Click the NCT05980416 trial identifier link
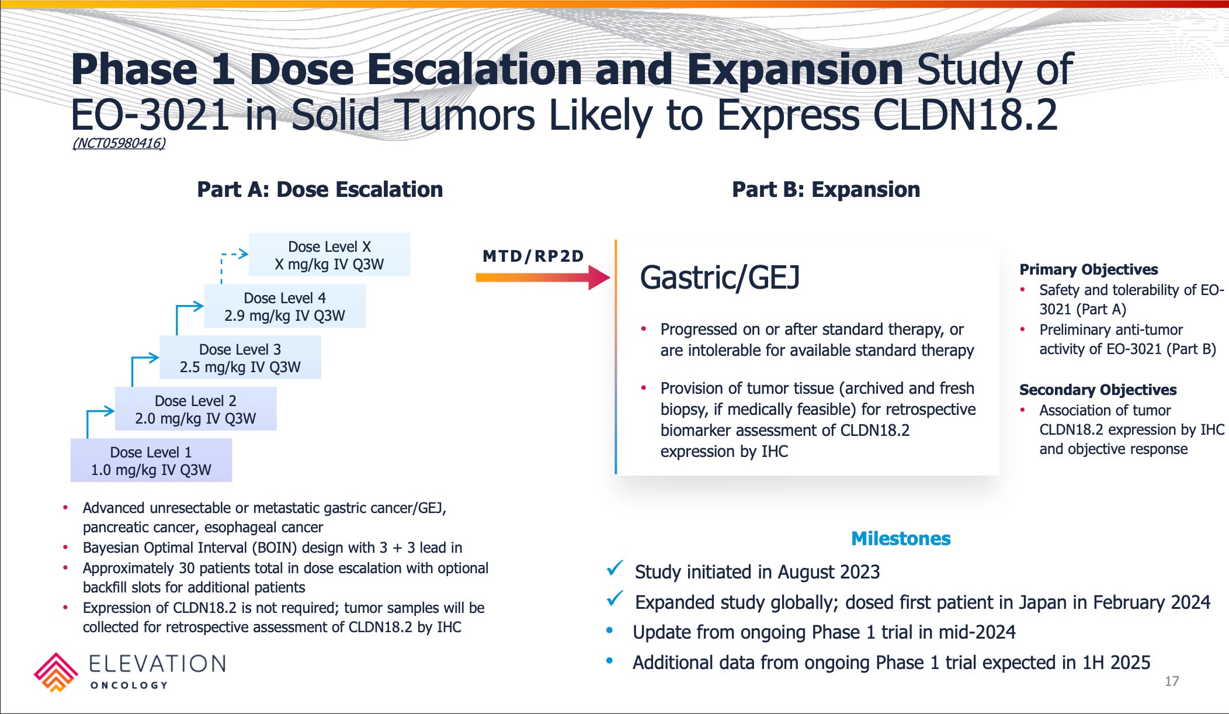tap(119, 143)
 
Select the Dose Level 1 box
tap(151, 460)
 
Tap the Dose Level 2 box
tap(196, 409)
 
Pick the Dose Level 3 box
tap(240, 358)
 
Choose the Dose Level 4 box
tap(285, 306)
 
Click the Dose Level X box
tap(329, 255)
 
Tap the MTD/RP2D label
tap(533, 256)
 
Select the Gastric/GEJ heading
tap(720, 277)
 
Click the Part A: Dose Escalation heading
tap(320, 189)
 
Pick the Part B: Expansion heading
tap(826, 189)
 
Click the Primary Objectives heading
tap(1089, 269)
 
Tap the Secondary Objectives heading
tap(1098, 390)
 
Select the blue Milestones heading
tap(901, 538)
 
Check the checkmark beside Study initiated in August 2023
tap(615, 568)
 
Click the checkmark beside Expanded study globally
tap(615, 599)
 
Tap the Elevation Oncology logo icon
tap(55, 673)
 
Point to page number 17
tap(1172, 681)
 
